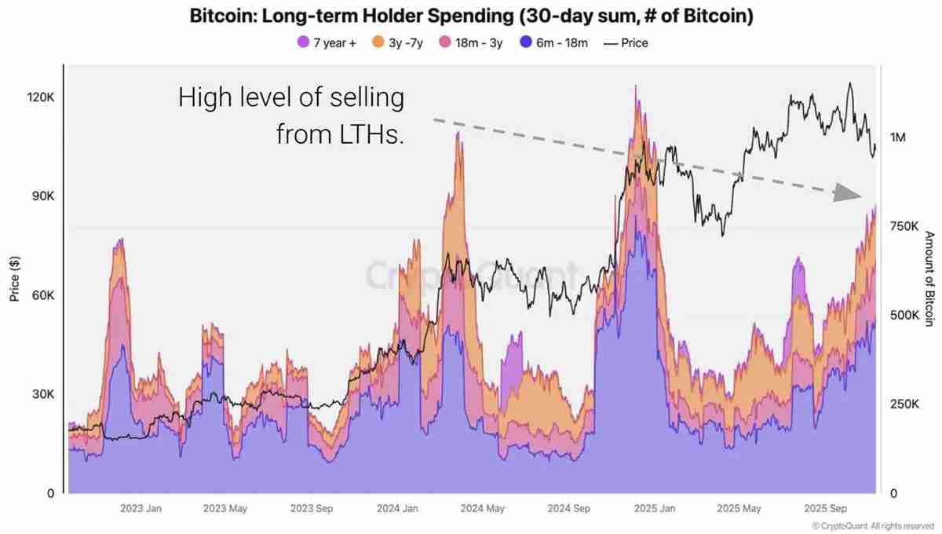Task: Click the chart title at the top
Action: click(x=471, y=16)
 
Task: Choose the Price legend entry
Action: click(x=626, y=43)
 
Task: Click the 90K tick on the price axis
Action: click(x=41, y=196)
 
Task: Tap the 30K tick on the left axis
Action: click(x=41, y=394)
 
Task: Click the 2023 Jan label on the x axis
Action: click(x=141, y=508)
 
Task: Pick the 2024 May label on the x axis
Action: click(x=483, y=508)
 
